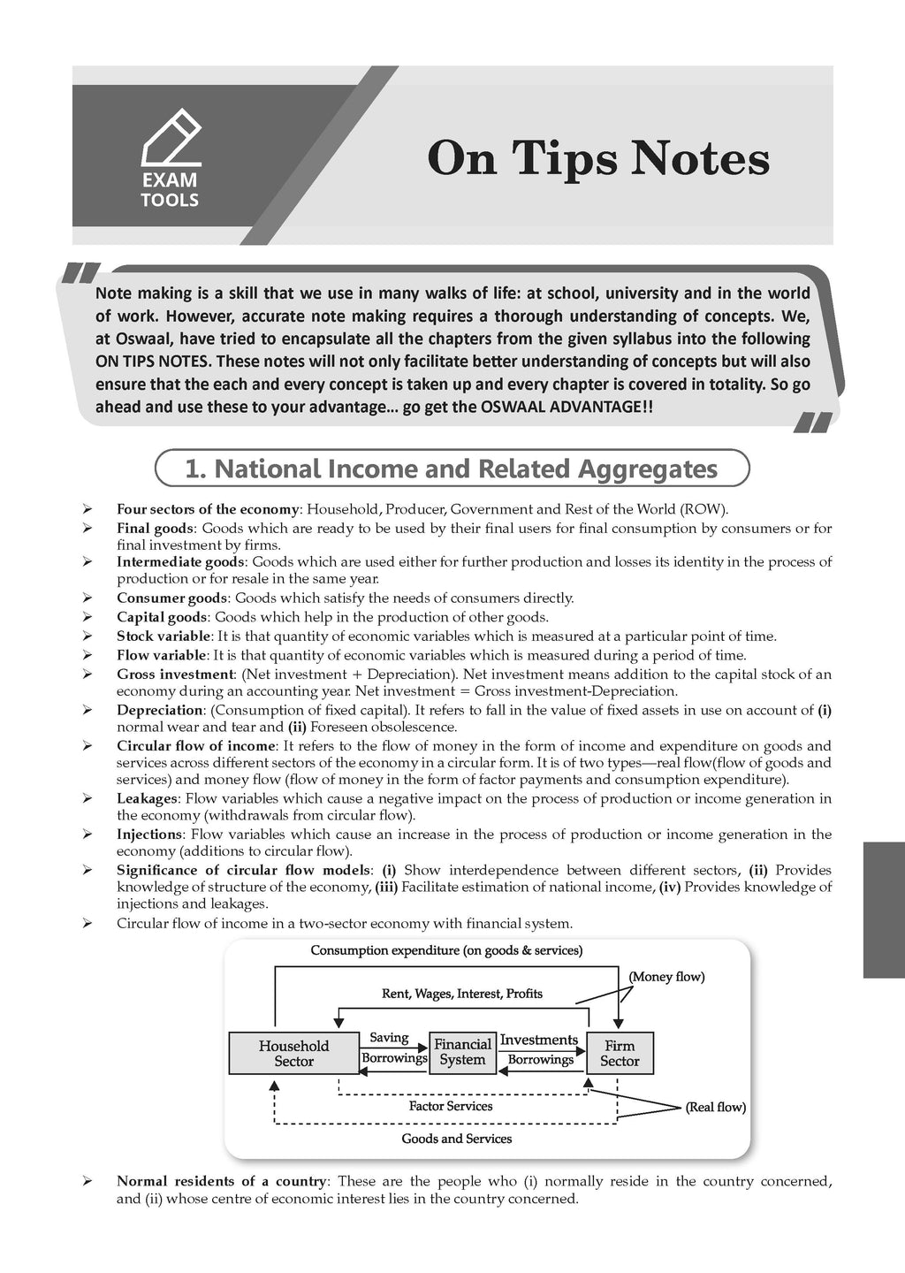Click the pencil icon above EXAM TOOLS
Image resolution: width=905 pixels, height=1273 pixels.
[x=171, y=137]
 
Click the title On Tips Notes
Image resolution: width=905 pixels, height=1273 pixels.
[x=598, y=159]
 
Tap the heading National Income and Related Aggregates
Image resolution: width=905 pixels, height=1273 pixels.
[x=452, y=469]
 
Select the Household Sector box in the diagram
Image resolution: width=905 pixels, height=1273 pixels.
[x=293, y=1053]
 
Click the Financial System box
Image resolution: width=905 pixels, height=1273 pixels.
[x=462, y=1052]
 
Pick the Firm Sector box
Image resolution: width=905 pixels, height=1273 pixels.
[x=620, y=1053]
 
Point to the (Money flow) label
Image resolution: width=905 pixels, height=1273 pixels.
[x=666, y=977]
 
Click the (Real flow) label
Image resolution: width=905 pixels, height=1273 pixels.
[x=716, y=1107]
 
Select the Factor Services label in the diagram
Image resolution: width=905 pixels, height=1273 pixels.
[x=451, y=1106]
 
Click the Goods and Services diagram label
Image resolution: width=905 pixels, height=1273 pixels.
[x=457, y=1139]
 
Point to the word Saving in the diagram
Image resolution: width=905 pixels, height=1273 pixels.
[x=389, y=1038]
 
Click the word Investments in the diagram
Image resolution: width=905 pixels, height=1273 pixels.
[x=538, y=1040]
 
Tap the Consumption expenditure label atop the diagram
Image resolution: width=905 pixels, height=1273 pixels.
[x=446, y=951]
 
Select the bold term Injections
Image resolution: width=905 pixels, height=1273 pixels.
[x=149, y=834]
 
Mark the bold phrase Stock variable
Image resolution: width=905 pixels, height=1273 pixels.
[x=164, y=636]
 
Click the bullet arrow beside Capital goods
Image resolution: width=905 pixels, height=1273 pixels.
[x=87, y=617]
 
